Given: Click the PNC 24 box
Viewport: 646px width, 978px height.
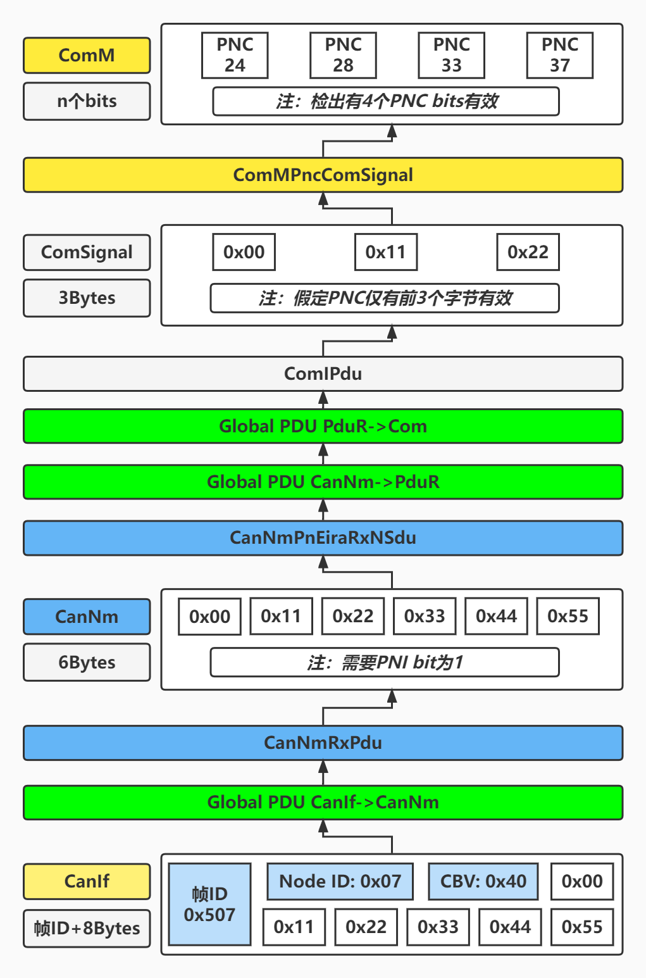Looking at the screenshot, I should coord(235,56).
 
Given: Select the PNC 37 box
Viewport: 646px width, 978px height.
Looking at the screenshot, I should coord(559,56).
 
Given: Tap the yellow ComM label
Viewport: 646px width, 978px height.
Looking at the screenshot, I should coord(87,56).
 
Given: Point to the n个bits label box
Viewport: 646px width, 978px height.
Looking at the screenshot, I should coord(87,101).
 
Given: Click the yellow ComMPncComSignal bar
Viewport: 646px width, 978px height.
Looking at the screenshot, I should coord(323,175).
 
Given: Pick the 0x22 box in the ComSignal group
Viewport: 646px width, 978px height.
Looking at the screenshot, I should coord(528,252).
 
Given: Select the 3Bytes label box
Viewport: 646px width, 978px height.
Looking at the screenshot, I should coord(87,298).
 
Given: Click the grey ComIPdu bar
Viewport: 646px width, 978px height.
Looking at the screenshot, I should coord(323,373).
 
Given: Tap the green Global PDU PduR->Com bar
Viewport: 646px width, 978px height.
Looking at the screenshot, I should coord(323,426).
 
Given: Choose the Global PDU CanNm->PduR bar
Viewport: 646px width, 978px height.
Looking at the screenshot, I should coord(323,482).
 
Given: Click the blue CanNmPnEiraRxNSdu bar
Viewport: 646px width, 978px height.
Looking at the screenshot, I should coord(323,538).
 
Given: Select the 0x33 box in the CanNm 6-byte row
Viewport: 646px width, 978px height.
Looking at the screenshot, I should coord(425,617).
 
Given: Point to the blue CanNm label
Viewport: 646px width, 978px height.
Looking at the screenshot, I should coord(87,617).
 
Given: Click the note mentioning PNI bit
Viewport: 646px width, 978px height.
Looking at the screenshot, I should coord(385,662).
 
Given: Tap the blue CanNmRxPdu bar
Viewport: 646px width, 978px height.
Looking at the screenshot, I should coord(323,743).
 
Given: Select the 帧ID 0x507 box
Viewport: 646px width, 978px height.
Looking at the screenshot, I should coord(209,904).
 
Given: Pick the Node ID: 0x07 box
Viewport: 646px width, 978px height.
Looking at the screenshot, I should coord(340,881).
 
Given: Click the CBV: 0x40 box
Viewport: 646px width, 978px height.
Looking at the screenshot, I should coord(483,881).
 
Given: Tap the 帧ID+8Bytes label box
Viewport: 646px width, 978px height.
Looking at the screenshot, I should coord(87,929).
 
